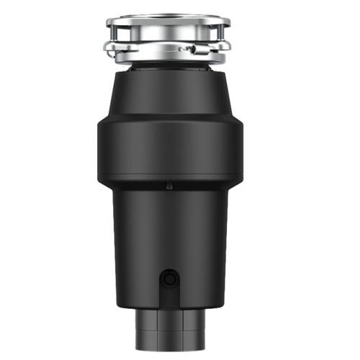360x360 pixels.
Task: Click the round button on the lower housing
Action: point(169,277)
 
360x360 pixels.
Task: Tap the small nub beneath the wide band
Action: point(169,186)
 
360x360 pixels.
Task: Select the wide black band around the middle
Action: point(168,148)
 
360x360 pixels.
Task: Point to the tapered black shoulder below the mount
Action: point(168,94)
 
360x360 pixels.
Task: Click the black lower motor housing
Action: point(168,230)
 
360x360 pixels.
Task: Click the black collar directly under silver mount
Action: point(168,67)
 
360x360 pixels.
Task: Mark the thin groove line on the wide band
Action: point(168,121)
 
